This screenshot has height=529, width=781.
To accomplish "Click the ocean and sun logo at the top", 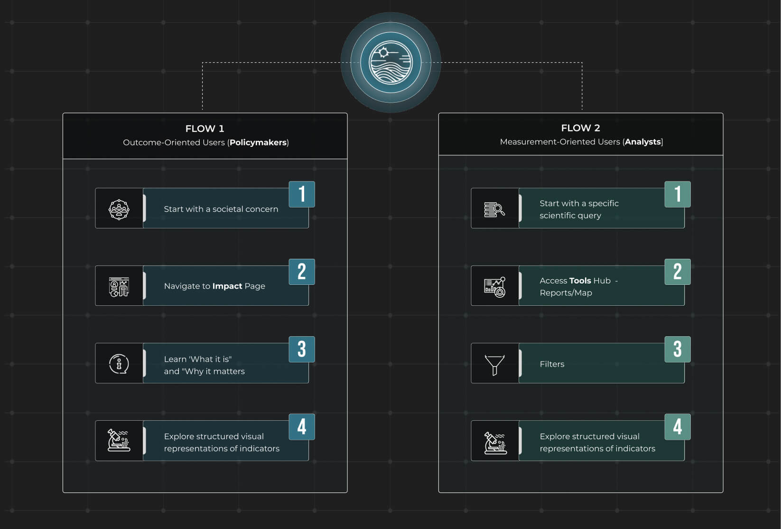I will (390, 62).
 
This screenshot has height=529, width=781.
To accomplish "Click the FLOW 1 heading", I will (205, 129).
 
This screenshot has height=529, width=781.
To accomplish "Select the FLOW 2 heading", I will (580, 128).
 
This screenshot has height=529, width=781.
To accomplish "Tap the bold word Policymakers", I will (258, 142).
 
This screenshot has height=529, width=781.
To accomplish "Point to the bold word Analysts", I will (643, 142).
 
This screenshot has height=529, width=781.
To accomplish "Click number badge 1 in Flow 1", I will (302, 194).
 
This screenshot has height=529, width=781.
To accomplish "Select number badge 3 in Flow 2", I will (677, 349).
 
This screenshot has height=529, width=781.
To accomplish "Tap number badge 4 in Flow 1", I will (302, 426).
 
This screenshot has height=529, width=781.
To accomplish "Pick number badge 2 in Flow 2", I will (677, 272).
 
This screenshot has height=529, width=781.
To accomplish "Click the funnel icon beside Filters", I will (494, 364).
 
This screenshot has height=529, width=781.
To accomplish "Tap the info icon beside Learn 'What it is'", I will (119, 364).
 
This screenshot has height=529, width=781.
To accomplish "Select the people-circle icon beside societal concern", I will (119, 209).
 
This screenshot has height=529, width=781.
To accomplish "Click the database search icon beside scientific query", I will (494, 209).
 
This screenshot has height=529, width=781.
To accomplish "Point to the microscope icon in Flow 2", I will (495, 442).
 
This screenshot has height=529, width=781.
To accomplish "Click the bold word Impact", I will (227, 286).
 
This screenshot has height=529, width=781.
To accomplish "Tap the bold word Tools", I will (580, 281).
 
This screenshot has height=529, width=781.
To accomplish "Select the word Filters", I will (552, 364).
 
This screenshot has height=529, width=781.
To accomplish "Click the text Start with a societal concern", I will (221, 209).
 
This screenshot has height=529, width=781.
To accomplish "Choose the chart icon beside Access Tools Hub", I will (494, 287).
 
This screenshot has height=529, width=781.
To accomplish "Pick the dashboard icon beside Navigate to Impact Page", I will (119, 287).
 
